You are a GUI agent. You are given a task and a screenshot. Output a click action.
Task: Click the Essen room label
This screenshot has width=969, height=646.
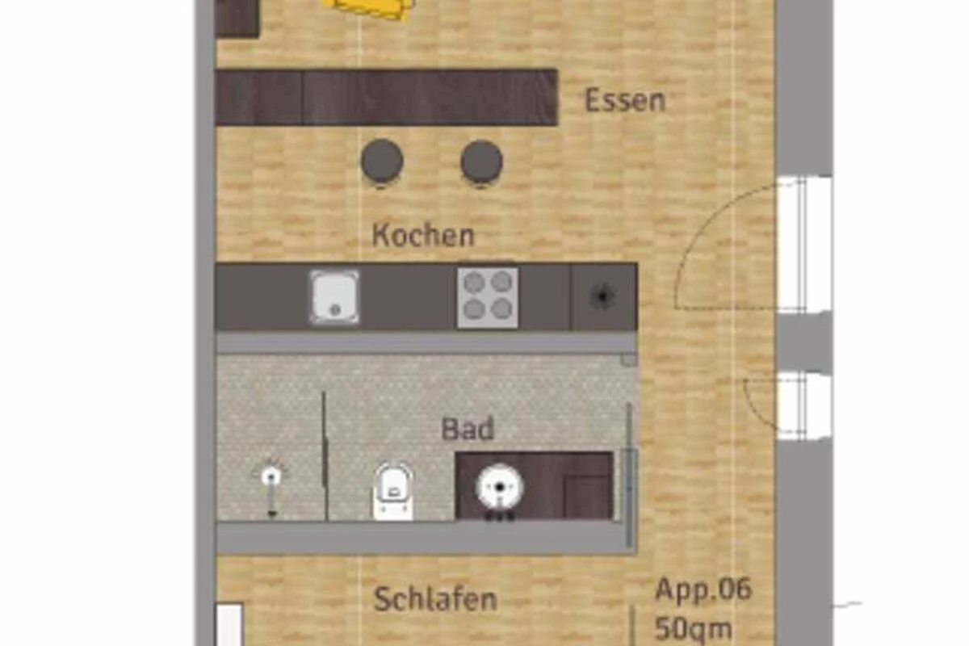[x=625, y=101]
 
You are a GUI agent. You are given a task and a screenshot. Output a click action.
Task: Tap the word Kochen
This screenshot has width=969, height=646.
[x=423, y=236]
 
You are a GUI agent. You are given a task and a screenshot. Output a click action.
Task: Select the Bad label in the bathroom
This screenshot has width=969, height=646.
[x=468, y=429]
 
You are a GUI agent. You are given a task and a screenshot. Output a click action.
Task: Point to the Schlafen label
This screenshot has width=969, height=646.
[x=435, y=599]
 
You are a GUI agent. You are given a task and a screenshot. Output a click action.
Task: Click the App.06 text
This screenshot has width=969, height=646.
[x=703, y=589]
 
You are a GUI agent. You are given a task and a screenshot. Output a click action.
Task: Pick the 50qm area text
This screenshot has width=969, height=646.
[x=693, y=629]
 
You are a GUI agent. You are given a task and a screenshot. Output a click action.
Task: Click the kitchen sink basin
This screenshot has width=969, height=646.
[x=334, y=297]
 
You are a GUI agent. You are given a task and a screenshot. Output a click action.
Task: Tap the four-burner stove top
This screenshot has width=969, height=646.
[x=488, y=297]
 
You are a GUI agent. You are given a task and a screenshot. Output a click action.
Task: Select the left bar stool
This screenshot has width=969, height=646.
[x=382, y=161]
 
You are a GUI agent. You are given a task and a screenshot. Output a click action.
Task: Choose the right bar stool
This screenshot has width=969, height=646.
[x=481, y=161]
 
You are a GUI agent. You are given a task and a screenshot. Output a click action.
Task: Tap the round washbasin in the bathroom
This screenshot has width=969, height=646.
[x=499, y=488]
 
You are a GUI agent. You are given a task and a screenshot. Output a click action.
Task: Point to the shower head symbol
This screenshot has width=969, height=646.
[x=271, y=476]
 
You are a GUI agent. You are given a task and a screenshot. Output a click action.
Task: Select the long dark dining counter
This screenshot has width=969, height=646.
[x=386, y=98]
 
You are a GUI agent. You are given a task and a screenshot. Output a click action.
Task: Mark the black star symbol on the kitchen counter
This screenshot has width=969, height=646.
[x=602, y=296]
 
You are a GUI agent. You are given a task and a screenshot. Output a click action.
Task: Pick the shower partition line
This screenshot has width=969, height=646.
[x=325, y=455]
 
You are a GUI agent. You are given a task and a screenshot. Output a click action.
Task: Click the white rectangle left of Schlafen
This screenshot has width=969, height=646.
[x=229, y=624]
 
